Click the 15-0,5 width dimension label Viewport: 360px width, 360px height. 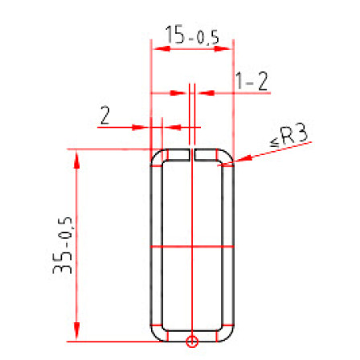point(192,35)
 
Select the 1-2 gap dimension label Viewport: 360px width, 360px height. point(252,81)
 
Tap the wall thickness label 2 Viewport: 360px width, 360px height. point(104,115)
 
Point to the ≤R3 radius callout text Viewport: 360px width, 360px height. point(289,136)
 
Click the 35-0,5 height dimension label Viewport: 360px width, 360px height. point(63,245)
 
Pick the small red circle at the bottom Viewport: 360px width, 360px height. point(192,342)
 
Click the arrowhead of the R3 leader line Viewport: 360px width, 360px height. point(243,159)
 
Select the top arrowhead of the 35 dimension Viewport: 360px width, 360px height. point(77,159)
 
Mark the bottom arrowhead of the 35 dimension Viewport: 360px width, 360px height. point(77,332)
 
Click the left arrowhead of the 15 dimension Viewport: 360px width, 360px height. point(162,49)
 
